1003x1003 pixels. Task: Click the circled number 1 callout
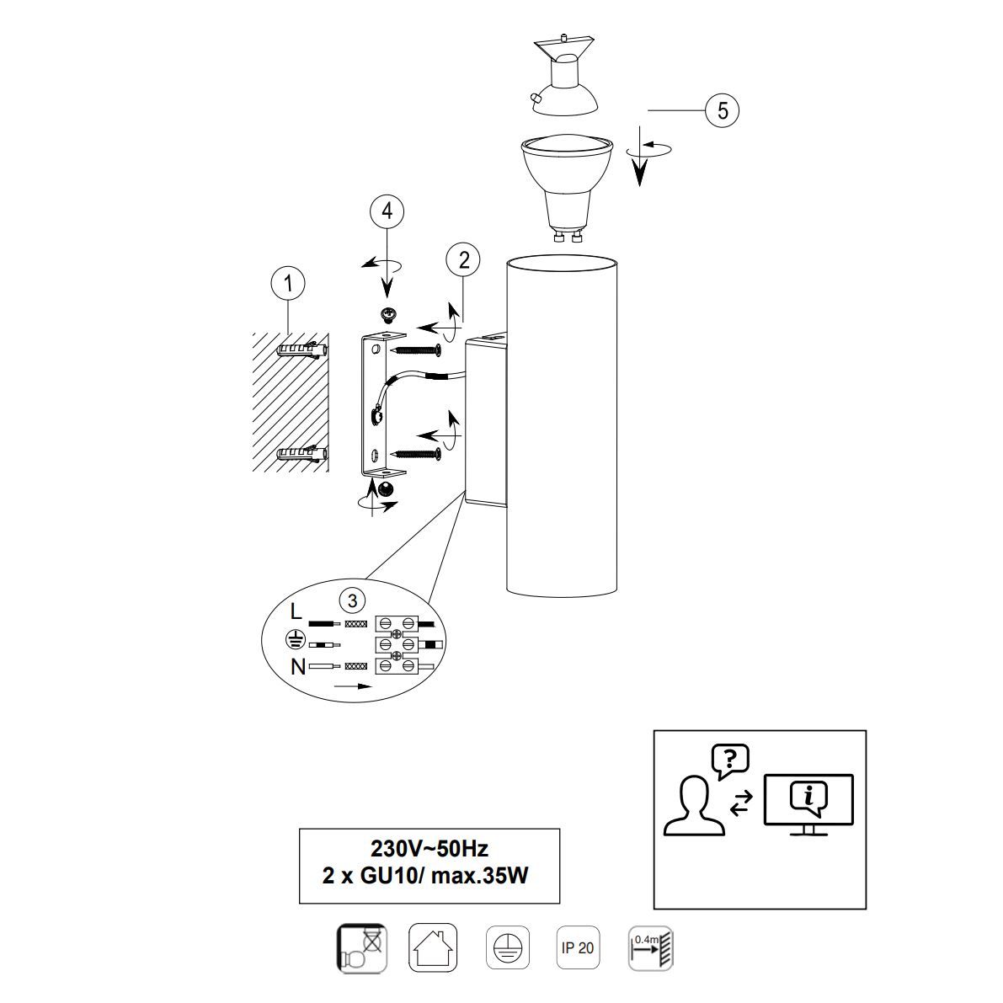point(288,283)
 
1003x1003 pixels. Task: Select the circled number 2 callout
point(464,259)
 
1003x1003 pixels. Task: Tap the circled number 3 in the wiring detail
point(353,600)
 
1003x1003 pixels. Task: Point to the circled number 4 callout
point(387,211)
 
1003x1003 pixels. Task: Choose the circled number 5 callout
point(723,110)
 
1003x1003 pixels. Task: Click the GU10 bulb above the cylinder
point(568,189)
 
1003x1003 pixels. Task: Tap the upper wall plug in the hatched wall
point(302,349)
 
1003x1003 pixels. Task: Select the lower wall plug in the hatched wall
point(302,454)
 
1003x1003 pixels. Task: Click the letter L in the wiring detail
point(296,612)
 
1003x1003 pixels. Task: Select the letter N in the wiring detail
point(297,667)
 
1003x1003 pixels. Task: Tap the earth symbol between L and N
point(293,639)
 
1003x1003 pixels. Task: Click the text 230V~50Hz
point(429,849)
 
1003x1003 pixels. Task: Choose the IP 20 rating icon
point(578,948)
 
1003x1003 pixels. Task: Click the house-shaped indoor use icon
point(432,948)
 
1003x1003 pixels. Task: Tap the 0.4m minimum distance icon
point(651,948)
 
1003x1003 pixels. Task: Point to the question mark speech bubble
point(730,761)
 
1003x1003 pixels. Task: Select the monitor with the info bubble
point(808,805)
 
